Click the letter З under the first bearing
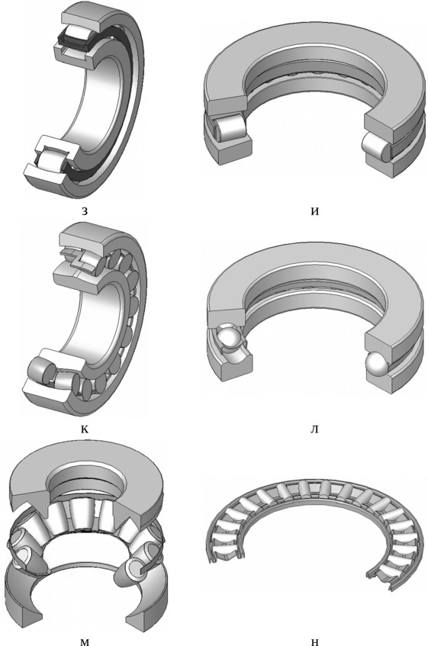(85, 212)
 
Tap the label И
(315, 212)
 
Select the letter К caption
(85, 429)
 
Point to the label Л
(314, 429)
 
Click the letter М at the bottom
(85, 642)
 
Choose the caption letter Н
(315, 642)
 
